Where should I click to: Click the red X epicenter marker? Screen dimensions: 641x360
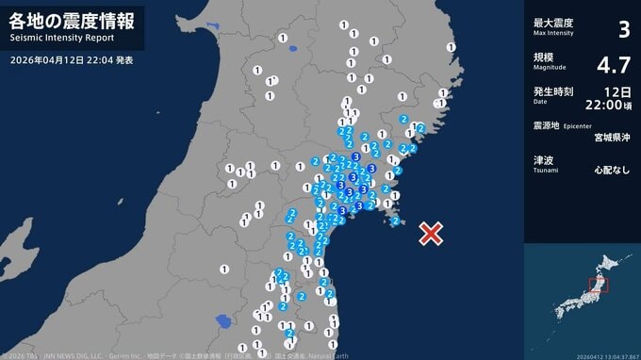(x=431, y=234)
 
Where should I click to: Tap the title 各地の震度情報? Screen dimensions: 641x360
(x=72, y=20)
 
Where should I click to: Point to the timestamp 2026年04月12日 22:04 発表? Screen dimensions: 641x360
(x=72, y=59)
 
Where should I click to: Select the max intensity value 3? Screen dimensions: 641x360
(x=622, y=29)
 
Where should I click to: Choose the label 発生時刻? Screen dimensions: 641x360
(x=553, y=91)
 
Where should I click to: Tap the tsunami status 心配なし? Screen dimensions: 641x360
(x=612, y=172)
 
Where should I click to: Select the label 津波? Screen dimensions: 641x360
(x=543, y=159)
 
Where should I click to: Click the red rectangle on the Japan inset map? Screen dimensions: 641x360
(x=596, y=286)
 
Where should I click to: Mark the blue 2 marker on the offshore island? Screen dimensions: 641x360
(x=396, y=221)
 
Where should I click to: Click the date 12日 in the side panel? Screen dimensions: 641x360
(x=617, y=91)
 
